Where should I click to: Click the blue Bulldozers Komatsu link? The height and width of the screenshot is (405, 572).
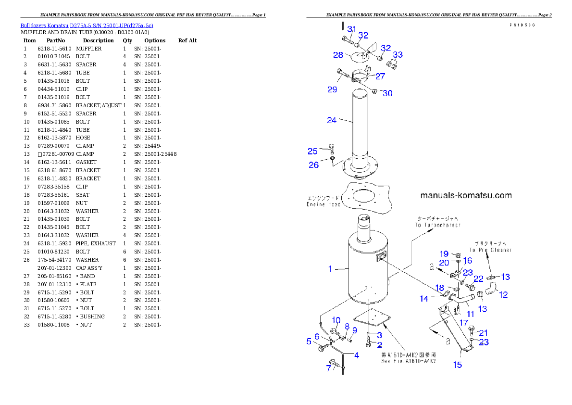[87, 25]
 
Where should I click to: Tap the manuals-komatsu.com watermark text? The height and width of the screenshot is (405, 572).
[466, 195]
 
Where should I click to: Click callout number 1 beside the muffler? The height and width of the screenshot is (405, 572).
[330, 269]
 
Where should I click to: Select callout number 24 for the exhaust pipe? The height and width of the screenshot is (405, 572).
[332, 120]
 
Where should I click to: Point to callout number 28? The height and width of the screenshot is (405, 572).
[338, 55]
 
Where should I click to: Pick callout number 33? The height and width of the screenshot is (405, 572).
[398, 54]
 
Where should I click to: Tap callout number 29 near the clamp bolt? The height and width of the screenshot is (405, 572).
[332, 89]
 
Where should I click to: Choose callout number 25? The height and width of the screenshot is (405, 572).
[312, 152]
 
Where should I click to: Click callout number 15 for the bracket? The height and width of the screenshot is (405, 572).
[458, 365]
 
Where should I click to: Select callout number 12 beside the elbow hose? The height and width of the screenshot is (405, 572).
[503, 295]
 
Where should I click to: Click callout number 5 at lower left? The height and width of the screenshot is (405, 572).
[309, 342]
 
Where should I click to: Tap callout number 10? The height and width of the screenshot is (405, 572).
[336, 320]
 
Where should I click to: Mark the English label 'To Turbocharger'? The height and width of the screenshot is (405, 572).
[438, 225]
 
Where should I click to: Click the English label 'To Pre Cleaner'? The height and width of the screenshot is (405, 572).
[490, 250]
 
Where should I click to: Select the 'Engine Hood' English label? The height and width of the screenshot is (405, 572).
[323, 204]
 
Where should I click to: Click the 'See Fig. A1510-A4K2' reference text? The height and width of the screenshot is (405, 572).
[408, 361]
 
